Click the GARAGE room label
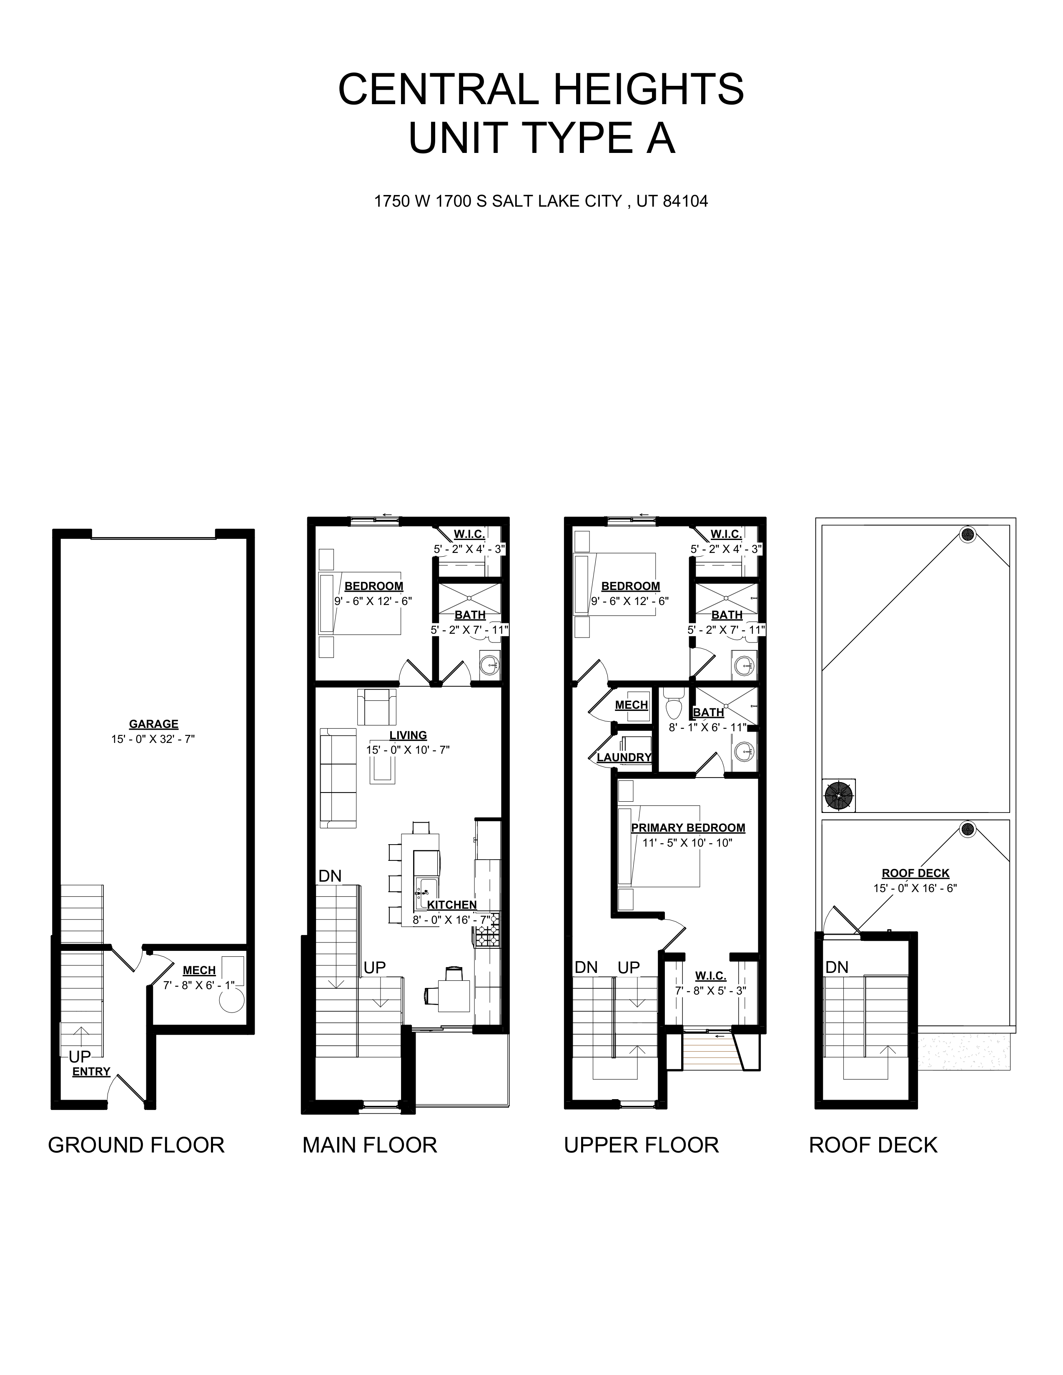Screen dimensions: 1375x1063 (154, 724)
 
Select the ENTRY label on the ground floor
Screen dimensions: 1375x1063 (91, 1072)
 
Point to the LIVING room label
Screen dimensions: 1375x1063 (408, 735)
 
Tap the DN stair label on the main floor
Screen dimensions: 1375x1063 (330, 876)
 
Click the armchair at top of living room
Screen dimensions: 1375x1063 (376, 707)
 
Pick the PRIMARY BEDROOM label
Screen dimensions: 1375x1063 (688, 828)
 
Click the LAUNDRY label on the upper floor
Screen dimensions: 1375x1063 (624, 757)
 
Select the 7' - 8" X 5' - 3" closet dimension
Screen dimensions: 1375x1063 (710, 990)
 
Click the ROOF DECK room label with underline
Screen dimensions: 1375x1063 (915, 873)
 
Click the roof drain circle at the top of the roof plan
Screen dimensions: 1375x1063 (967, 535)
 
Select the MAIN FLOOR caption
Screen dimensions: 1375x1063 (370, 1145)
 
